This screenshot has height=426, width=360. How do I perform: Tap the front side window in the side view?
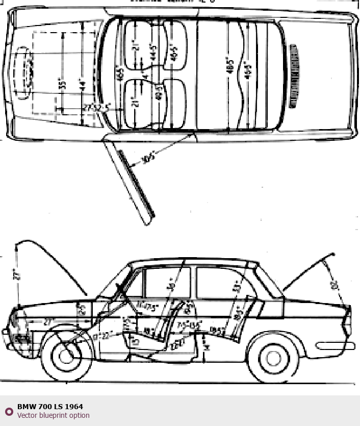166,283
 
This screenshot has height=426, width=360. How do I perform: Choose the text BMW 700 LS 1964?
50,407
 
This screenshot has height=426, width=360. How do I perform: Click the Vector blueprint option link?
53,415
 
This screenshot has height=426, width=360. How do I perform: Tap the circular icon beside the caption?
9,411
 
